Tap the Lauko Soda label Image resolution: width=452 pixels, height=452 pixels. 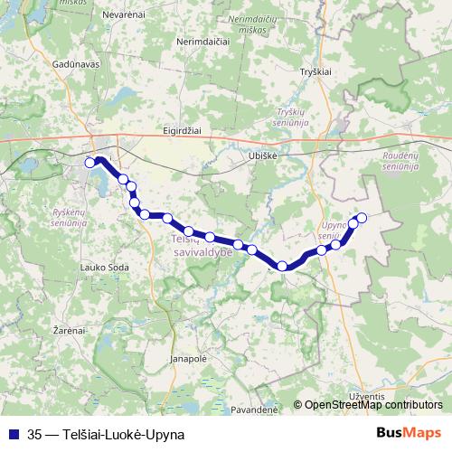[105, 267]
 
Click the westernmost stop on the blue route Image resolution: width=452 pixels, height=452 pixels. [89, 163]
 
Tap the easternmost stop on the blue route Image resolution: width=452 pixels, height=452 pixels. [362, 217]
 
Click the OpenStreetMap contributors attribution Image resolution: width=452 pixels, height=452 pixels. [373, 405]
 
